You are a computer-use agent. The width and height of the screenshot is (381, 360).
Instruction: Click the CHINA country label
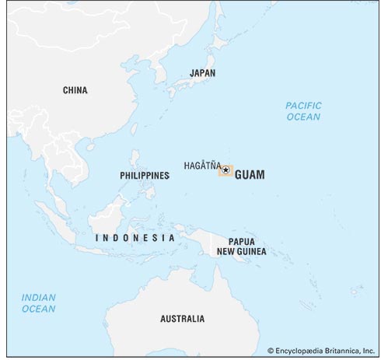point(75,90)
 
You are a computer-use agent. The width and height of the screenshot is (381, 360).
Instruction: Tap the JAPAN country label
point(202,73)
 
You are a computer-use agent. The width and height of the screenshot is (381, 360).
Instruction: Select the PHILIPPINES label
point(145,176)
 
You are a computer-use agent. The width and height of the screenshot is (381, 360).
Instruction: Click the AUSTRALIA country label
point(182,319)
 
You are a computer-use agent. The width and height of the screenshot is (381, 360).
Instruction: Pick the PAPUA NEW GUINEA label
point(246,246)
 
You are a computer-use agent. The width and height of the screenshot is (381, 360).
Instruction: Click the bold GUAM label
point(249,175)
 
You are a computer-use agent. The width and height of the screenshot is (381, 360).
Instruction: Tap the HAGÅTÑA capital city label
point(201,166)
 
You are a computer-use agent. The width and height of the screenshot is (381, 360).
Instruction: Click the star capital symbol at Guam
point(225,170)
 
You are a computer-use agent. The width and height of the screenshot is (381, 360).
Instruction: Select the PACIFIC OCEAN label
point(302,110)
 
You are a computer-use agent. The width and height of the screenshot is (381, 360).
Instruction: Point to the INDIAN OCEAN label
point(38,302)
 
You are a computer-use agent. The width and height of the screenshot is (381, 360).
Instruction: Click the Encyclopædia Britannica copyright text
point(320,351)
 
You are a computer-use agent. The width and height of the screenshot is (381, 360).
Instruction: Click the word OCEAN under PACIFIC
point(302,117)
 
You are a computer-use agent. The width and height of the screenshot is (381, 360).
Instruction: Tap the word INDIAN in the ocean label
point(38,297)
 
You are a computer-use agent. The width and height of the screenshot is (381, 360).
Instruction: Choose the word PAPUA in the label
point(243,241)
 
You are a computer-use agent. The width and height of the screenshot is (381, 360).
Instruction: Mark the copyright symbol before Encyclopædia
point(270,351)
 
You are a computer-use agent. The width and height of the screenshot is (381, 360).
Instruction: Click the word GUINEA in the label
point(254,252)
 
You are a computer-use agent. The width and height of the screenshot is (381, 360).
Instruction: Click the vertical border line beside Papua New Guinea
point(211,243)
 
